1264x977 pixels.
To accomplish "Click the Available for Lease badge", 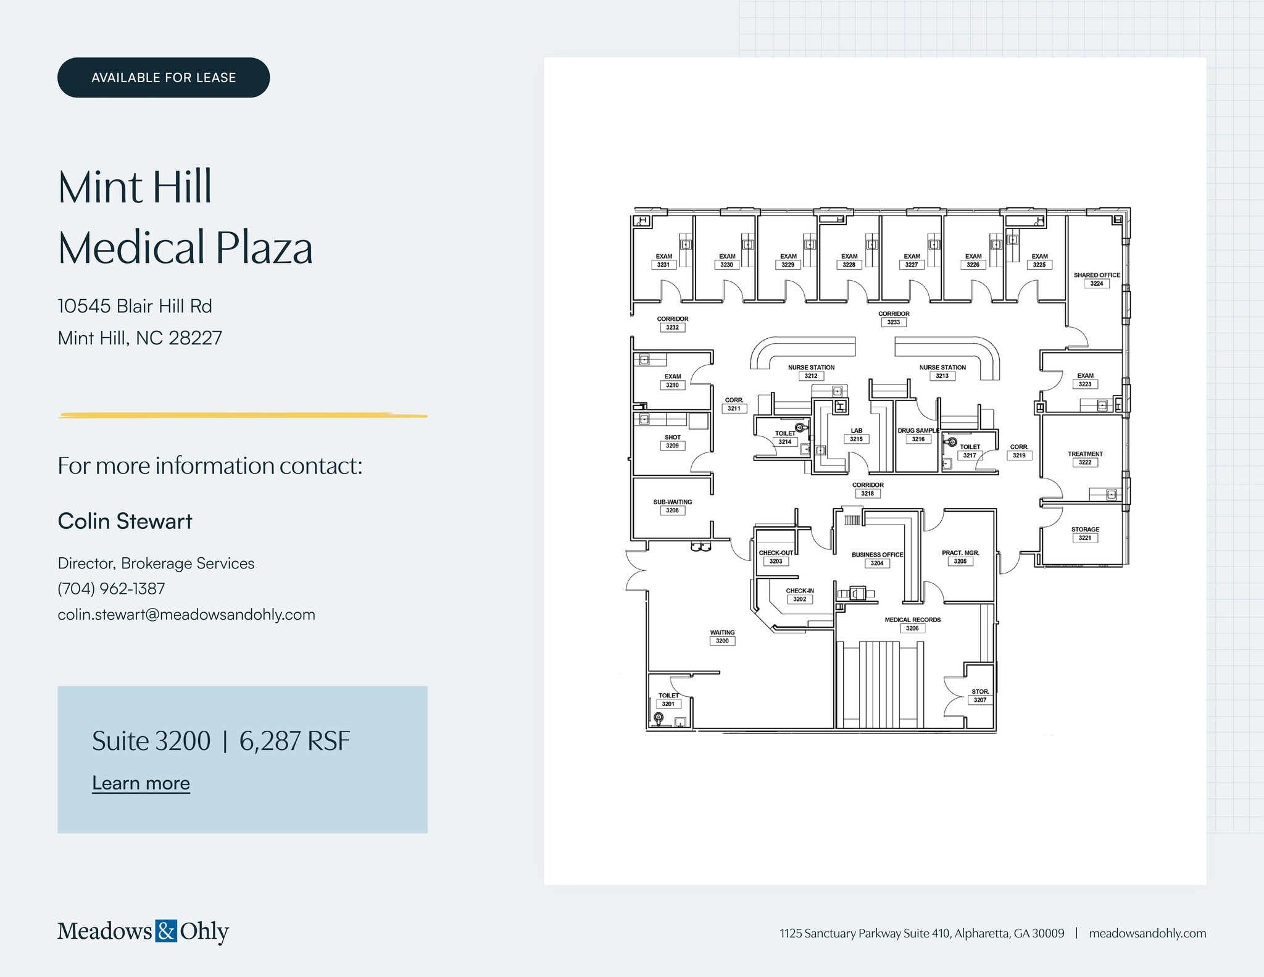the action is [x=164, y=78].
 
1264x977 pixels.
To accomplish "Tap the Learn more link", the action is [x=141, y=783].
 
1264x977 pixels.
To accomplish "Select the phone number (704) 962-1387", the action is [x=111, y=589].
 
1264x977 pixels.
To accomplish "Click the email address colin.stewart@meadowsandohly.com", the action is [x=186, y=615].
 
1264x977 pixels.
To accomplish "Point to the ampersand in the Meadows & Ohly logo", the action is [x=165, y=931].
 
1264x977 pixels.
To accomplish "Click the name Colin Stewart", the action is [x=125, y=521].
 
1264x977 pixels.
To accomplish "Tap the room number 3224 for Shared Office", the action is [x=1097, y=284].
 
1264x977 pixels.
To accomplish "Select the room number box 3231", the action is [x=663, y=265].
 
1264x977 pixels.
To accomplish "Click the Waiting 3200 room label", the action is [x=722, y=637].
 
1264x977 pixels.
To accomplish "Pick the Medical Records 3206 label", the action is [x=913, y=624].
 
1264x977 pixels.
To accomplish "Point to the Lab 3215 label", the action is [x=856, y=435].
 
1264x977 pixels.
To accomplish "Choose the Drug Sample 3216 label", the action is [x=918, y=435].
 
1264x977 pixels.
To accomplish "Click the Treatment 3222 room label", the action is [x=1085, y=458].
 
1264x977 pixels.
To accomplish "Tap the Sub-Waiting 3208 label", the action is [x=673, y=506].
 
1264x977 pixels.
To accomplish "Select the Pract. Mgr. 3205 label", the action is [x=960, y=557].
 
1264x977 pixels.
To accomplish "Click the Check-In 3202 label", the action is [x=800, y=595].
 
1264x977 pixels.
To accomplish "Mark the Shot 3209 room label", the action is [x=673, y=441].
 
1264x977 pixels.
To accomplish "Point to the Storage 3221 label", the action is [x=1085, y=533].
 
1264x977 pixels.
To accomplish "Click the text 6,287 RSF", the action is [x=294, y=741].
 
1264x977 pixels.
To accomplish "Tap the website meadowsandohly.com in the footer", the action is [x=1147, y=933].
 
